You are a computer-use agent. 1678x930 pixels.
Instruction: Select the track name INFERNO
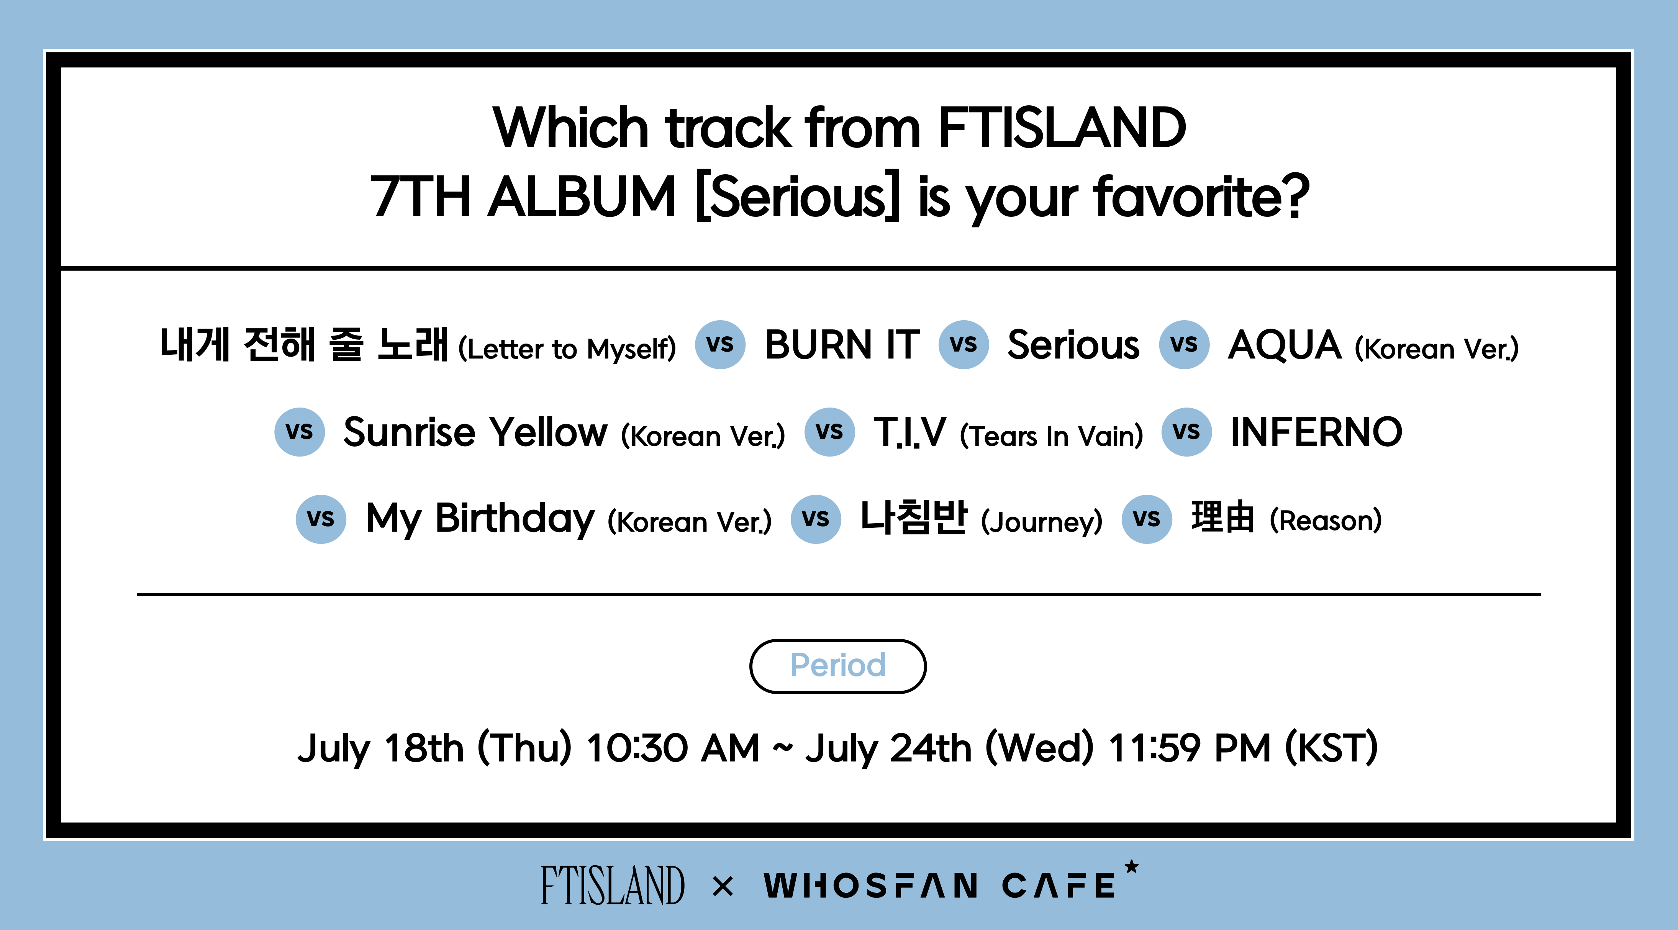pos(1316,432)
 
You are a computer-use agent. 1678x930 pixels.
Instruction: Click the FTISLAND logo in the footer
pos(612,885)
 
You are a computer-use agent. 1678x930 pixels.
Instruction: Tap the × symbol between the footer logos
pos(723,886)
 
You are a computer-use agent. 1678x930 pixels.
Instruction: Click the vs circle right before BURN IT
pos(720,344)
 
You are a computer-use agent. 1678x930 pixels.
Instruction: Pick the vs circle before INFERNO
pos(1186,432)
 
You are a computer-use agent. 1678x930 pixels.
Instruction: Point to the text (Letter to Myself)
pos(567,349)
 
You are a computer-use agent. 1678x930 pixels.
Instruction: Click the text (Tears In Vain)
pos(1051,436)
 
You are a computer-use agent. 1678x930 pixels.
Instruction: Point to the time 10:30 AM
pos(673,748)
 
